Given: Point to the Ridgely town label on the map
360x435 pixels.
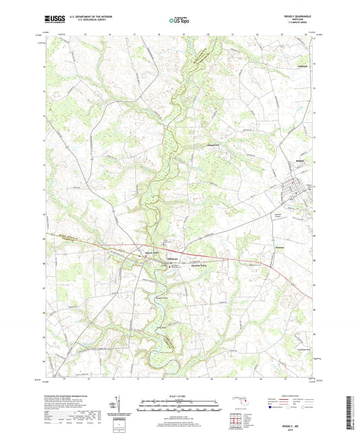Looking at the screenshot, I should tap(282, 161).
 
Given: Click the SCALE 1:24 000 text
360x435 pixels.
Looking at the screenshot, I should tap(179, 395).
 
